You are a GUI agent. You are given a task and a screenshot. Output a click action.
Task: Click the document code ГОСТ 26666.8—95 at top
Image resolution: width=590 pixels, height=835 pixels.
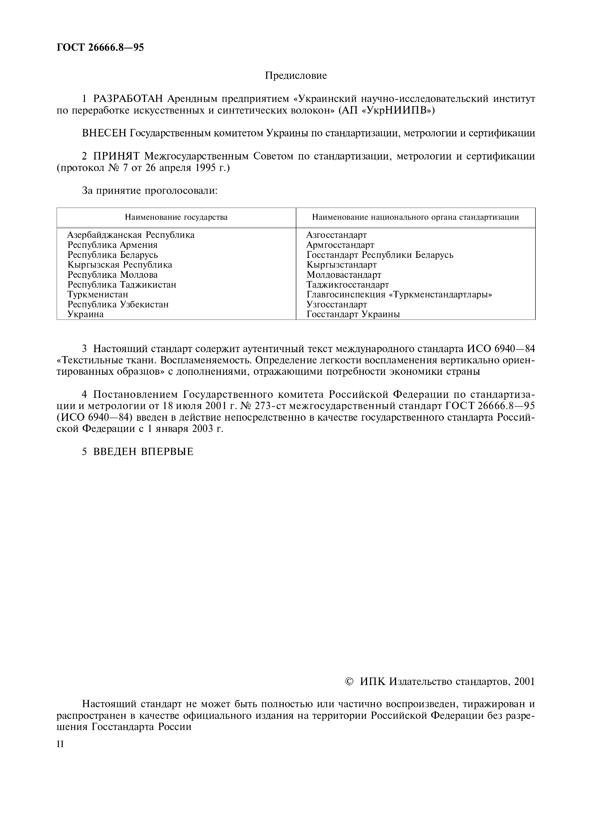pyautogui.click(x=100, y=48)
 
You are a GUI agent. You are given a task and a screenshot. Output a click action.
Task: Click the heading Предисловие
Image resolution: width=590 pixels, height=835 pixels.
pyautogui.click(x=296, y=76)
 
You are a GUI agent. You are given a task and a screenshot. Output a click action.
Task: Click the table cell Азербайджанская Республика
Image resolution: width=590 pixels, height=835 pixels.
pyautogui.click(x=131, y=235)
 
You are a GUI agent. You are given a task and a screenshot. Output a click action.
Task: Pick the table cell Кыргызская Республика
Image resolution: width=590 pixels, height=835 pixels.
pyautogui.click(x=120, y=265)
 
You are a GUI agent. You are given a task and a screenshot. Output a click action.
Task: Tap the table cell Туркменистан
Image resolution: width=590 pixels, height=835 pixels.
pyautogui.click(x=98, y=295)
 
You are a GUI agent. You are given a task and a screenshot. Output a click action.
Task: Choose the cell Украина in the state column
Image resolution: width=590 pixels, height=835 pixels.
pyautogui.click(x=86, y=314)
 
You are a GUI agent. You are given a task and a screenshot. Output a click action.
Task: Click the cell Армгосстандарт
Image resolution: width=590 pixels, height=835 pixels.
pyautogui.click(x=340, y=245)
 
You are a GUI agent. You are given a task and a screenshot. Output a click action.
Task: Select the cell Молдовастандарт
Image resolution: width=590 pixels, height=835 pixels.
pyautogui.click(x=344, y=275)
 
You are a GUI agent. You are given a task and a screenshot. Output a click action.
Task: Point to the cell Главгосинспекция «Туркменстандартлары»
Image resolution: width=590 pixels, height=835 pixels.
pyautogui.click(x=399, y=295)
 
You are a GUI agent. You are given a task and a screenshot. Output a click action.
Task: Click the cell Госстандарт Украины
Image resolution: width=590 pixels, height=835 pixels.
pyautogui.click(x=353, y=314)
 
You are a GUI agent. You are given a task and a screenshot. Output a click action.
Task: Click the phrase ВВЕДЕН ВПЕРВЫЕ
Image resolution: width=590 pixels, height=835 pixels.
pyautogui.click(x=143, y=452)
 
